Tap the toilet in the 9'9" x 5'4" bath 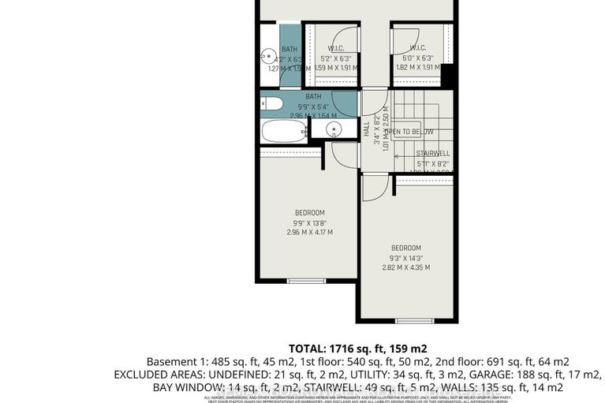click(x=270, y=103)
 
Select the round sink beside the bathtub click(x=333, y=127)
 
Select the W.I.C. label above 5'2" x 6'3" click(x=336, y=48)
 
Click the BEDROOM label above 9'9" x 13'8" click(x=310, y=213)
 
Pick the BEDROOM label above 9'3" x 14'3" click(x=405, y=247)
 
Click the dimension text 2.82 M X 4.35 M click(x=405, y=267)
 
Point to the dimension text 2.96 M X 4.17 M click(x=310, y=233)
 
